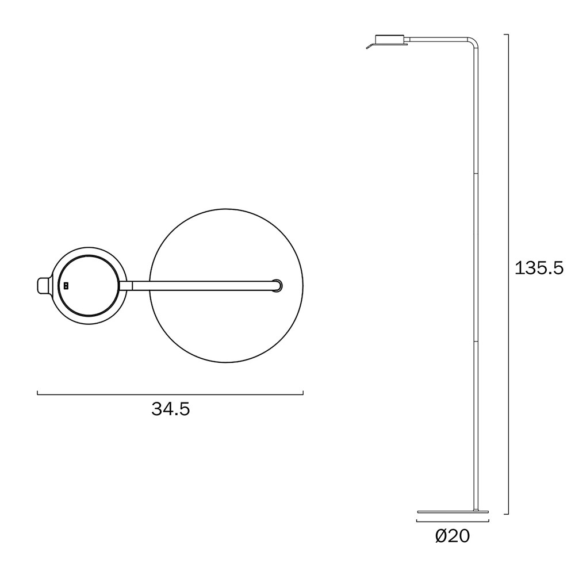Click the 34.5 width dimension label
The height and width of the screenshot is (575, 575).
tap(171, 409)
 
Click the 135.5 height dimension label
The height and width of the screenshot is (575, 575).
tap(539, 268)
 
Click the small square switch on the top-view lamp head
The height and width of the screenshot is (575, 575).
tap(66, 285)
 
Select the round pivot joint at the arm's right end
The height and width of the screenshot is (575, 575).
tap(277, 285)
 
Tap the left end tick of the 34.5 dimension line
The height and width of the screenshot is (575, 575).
tap(37, 392)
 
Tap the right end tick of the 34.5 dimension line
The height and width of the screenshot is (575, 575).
tap(303, 392)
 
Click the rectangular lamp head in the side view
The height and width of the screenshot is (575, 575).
tap(389, 39)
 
